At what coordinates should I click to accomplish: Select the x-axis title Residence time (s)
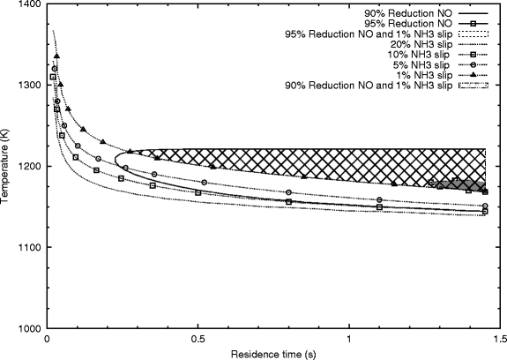click(273, 354)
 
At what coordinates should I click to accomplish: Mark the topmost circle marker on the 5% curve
click(55, 69)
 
